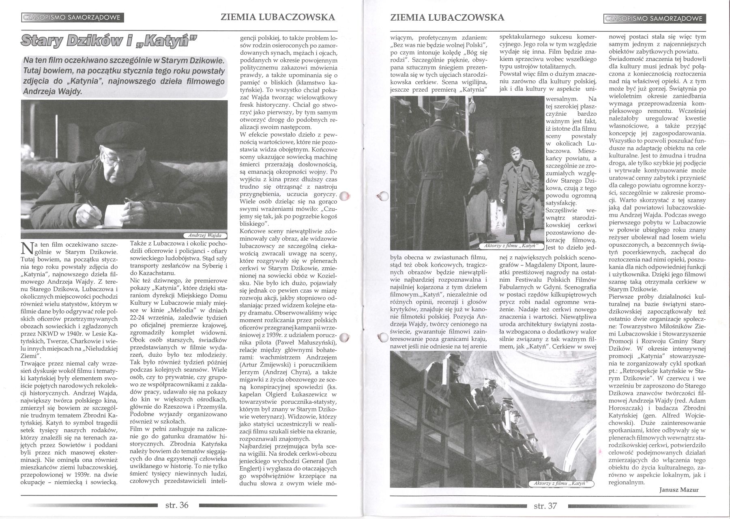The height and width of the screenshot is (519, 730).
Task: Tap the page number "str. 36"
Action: coord(177,505)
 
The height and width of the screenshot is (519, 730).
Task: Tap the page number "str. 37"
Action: coord(545,506)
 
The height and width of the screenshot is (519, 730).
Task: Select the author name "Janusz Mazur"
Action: coord(680,490)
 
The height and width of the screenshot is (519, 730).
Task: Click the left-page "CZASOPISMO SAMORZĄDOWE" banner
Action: coord(72,18)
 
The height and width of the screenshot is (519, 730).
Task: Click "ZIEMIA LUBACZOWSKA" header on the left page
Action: coord(278,17)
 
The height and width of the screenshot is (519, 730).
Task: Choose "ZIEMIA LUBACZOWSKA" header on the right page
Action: coord(447,17)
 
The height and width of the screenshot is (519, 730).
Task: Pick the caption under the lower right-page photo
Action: coord(562,483)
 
